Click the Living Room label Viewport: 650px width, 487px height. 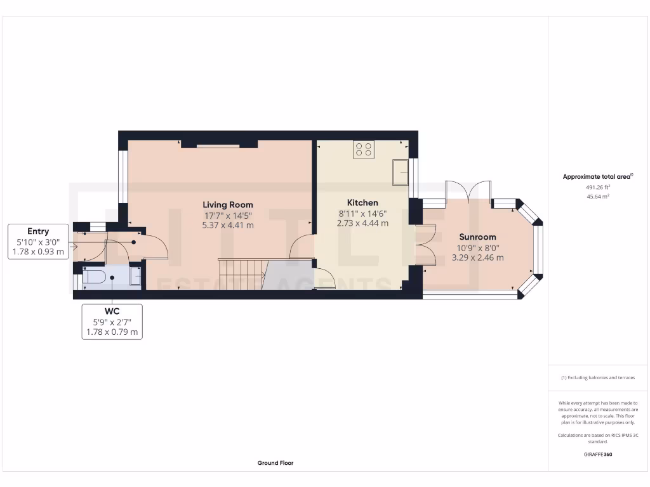click(x=228, y=204)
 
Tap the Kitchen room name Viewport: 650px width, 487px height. click(x=362, y=203)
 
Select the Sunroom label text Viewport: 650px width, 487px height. click(x=477, y=237)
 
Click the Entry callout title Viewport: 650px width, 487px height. click(x=38, y=231)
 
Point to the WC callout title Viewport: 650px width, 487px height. click(x=112, y=311)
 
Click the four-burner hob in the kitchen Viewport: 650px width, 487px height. click(x=364, y=149)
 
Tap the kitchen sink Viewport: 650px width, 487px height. click(x=401, y=172)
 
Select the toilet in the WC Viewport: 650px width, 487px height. click(x=93, y=277)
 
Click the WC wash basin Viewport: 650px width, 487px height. click(x=135, y=277)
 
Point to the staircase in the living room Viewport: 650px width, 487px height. click(x=241, y=274)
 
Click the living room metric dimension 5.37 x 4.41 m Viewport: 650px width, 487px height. click(x=228, y=224)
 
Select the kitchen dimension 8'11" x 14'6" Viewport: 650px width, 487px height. click(x=362, y=214)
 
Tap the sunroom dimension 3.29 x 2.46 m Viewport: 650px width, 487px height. click(x=477, y=257)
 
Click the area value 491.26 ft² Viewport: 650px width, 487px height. click(x=598, y=188)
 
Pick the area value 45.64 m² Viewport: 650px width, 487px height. click(x=598, y=197)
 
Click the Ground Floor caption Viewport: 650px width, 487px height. click(x=275, y=463)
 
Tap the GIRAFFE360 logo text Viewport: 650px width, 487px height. click(x=598, y=454)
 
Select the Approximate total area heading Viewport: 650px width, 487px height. click(x=598, y=177)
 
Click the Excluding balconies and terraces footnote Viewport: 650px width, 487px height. click(x=598, y=377)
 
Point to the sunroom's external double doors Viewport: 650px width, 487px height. click(x=469, y=191)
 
